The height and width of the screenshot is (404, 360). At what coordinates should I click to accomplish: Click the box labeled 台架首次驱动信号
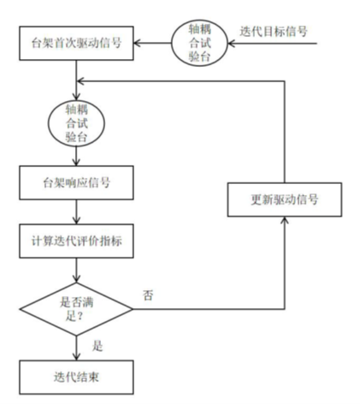point(78,43)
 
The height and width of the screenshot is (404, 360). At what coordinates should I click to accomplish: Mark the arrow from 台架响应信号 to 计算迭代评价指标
point(78,209)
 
